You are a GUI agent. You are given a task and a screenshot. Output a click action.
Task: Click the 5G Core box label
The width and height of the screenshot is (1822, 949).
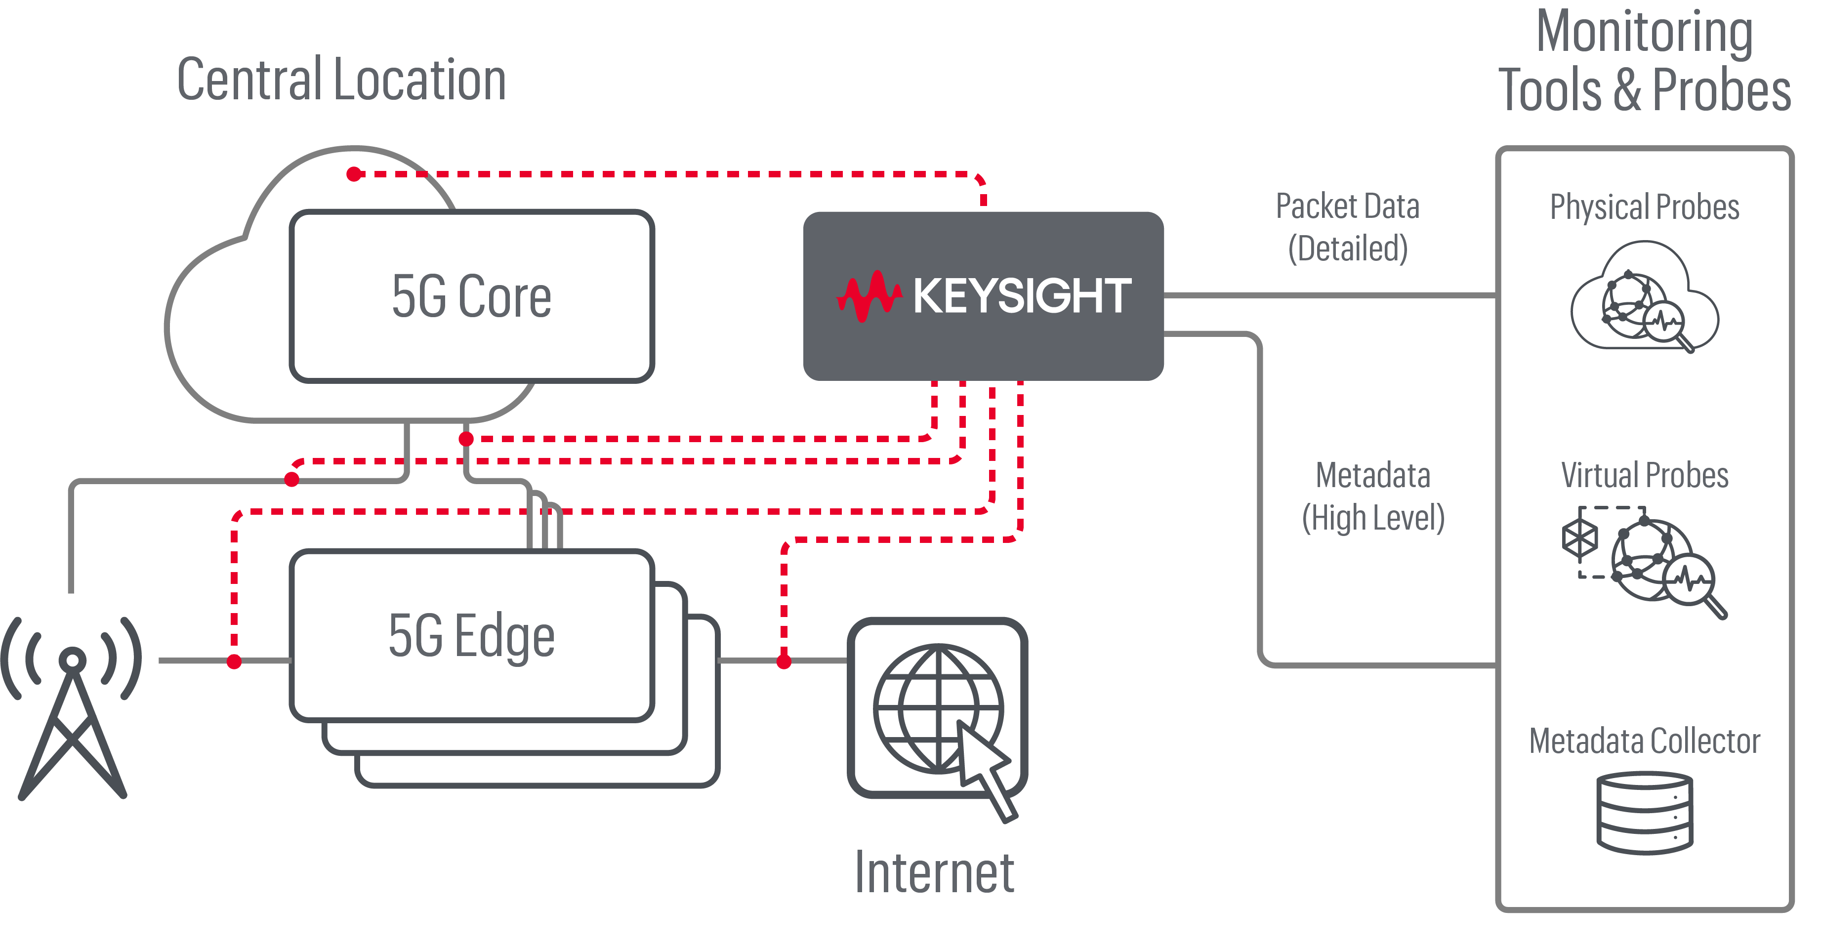click(x=471, y=296)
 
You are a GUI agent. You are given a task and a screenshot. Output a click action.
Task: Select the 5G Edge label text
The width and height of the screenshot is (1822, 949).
click(x=471, y=636)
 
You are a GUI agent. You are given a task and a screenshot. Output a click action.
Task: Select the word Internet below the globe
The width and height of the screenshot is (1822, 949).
click(x=934, y=872)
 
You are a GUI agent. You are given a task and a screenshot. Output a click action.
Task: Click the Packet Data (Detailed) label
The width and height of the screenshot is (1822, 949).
click(x=1347, y=227)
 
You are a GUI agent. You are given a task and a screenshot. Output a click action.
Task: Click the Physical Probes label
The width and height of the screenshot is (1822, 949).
click(x=1645, y=207)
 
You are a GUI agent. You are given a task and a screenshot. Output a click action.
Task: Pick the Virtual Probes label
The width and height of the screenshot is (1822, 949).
click(x=1645, y=475)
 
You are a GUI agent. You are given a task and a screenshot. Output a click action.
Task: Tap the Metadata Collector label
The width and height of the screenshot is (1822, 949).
click(x=1645, y=741)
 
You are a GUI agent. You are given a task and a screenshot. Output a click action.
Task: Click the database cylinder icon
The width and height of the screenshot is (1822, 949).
click(x=1645, y=813)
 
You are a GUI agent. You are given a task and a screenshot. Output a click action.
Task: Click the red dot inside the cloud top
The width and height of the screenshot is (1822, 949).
click(x=354, y=174)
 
